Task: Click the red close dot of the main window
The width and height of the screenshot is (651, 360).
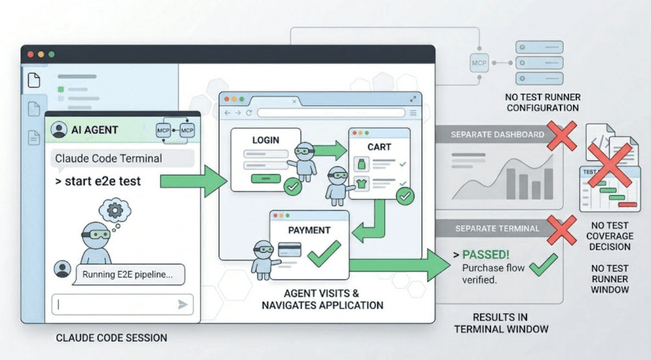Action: [x=30, y=54]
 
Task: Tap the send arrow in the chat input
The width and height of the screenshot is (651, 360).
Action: [x=182, y=305]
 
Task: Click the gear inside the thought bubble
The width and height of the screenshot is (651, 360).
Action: [x=115, y=210]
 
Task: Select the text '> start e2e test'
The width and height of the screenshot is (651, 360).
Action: [x=98, y=182]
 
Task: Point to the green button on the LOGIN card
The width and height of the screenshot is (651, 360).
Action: [x=266, y=179]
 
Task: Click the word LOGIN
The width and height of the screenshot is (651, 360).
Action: [x=266, y=140]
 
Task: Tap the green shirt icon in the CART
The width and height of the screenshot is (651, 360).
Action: [x=361, y=183]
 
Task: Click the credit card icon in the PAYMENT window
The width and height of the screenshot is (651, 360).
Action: [x=289, y=250]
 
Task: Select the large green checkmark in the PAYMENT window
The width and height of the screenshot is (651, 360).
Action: [x=324, y=254]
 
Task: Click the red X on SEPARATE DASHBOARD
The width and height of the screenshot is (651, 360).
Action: [x=562, y=136]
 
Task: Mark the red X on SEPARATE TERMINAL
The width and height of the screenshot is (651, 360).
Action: [x=562, y=229]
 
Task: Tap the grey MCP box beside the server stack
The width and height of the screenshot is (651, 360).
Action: [x=479, y=63]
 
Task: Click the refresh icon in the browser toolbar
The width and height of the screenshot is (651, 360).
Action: [x=249, y=113]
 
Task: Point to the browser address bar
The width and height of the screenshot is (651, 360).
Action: [x=331, y=113]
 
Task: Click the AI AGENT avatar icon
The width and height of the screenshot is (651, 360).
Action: [x=59, y=130]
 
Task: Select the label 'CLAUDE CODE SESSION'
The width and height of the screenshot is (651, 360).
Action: [x=111, y=338]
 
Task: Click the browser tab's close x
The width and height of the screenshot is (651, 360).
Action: [x=294, y=102]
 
